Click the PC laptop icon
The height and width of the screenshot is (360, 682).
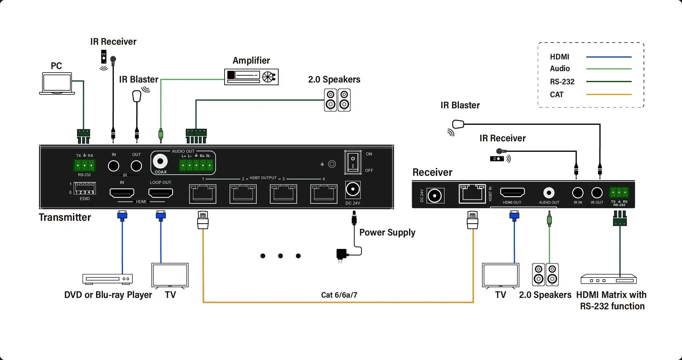[57, 83]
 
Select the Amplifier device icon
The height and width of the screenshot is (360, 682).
[251, 77]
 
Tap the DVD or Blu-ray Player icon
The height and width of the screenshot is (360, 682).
[107, 279]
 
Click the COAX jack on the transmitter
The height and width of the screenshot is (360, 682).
[160, 161]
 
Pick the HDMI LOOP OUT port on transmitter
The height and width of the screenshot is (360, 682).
[161, 193]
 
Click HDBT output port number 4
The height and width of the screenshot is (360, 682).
[324, 194]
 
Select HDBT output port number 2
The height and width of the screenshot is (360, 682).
[243, 194]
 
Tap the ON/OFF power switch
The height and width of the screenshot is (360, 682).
[353, 162]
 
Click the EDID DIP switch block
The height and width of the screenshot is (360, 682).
[85, 188]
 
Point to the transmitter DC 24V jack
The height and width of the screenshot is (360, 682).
[353, 190]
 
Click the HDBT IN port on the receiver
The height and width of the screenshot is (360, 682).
[472, 194]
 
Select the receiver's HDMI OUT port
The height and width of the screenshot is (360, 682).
[512, 192]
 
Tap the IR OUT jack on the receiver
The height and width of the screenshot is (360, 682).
[597, 193]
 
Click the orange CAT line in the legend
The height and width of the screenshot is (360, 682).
[609, 94]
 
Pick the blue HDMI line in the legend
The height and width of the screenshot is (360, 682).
[609, 57]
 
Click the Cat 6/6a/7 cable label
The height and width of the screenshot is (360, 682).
[339, 295]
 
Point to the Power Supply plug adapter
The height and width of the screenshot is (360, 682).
[341, 254]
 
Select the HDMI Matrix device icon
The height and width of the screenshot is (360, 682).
[609, 279]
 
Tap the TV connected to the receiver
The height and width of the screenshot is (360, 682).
[500, 275]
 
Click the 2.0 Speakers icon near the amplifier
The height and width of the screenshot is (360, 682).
[337, 100]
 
